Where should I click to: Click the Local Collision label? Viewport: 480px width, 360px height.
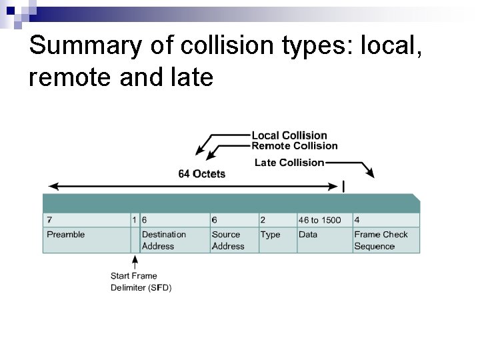click(289, 135)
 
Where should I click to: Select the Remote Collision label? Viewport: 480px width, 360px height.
click(294, 146)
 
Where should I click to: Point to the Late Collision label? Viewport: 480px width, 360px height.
click(289, 163)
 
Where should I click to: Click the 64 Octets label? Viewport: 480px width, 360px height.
click(201, 174)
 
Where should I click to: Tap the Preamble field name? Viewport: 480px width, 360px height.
click(66, 235)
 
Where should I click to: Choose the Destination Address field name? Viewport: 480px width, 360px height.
click(163, 240)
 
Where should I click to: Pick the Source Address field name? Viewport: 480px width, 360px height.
click(227, 240)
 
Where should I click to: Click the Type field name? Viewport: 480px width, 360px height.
click(270, 235)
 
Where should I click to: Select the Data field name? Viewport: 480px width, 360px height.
click(308, 235)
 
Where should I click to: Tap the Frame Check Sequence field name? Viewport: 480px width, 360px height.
click(381, 240)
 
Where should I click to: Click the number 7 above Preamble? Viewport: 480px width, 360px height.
click(49, 219)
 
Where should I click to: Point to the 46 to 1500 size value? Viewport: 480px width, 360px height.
click(319, 219)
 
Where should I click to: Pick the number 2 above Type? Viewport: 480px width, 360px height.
click(263, 219)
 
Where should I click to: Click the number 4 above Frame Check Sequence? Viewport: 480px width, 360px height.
click(357, 219)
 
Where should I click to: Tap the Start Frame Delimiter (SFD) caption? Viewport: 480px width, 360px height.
click(141, 281)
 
